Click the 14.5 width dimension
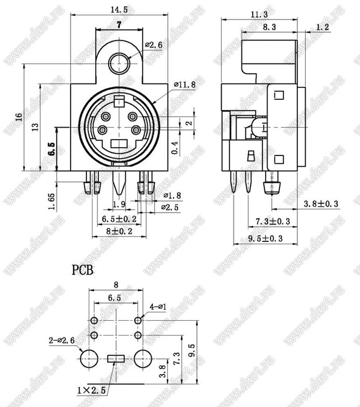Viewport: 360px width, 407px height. coord(119,10)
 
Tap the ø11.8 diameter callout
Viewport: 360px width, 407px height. coord(185,84)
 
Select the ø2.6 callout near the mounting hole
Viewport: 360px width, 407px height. coord(154,45)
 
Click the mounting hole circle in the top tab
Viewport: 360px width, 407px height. coord(119,63)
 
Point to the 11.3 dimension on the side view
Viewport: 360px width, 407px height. coord(259,14)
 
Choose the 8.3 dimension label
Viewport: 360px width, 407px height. coord(269,27)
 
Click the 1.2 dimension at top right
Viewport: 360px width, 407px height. coord(323,27)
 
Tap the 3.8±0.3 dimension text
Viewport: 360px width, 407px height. coord(321,204)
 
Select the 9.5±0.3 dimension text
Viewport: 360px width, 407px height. coord(265,239)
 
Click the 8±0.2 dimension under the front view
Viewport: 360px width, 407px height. coord(119,231)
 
